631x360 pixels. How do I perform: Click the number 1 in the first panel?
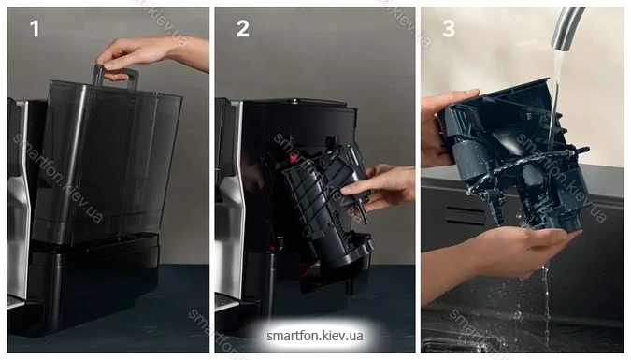35,29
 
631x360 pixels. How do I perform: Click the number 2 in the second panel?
243,29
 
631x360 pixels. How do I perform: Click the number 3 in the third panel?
449,29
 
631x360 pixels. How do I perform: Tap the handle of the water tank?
116,78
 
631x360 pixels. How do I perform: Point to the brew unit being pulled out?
326,206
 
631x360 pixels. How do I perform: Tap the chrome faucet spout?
566,28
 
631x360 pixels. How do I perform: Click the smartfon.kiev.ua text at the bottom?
315,336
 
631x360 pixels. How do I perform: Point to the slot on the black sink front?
466,216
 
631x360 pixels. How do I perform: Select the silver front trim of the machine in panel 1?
18,201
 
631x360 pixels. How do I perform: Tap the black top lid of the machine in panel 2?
298,104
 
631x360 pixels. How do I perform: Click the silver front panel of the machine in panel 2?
229,201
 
